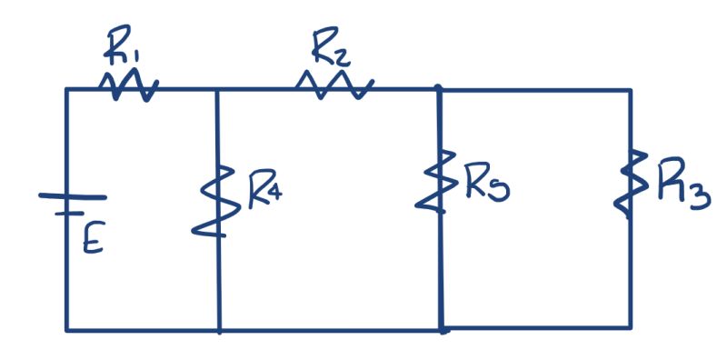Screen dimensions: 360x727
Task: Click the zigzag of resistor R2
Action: (x=334, y=85)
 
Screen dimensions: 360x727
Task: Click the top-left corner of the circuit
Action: (x=66, y=89)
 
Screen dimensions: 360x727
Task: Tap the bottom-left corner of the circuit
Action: (x=66, y=329)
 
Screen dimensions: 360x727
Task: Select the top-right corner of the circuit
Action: (x=630, y=90)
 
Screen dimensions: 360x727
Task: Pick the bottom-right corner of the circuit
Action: (x=630, y=326)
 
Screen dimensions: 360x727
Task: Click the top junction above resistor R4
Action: (x=218, y=89)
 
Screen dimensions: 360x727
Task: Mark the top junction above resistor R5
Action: (x=439, y=89)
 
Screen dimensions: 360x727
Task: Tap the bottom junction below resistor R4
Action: (x=219, y=329)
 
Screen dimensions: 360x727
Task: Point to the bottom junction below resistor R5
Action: (x=442, y=329)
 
